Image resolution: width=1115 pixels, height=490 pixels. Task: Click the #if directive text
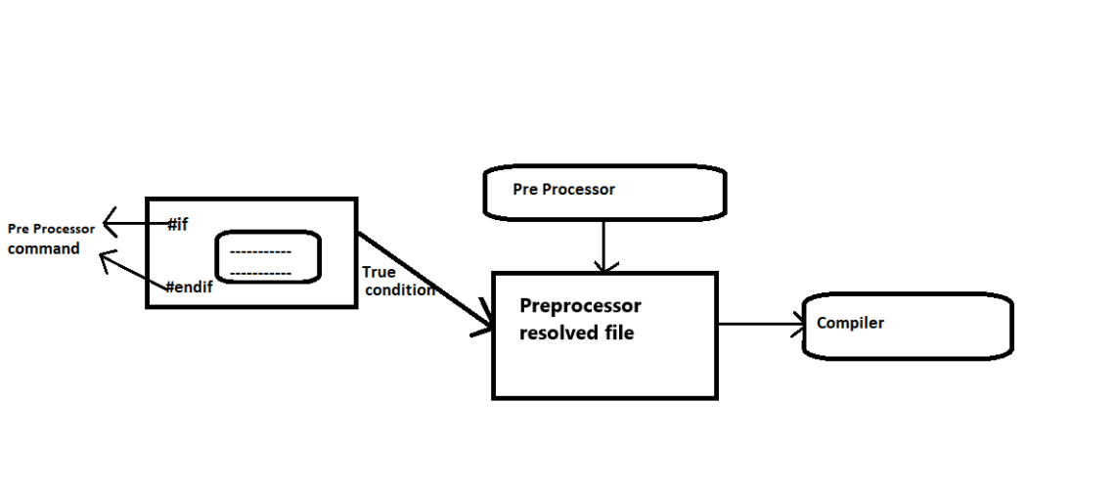[x=177, y=225]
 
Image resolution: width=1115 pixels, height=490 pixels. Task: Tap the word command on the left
[x=44, y=248]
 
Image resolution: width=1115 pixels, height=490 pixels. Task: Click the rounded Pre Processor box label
[x=563, y=190]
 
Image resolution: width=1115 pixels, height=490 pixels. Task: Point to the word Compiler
[x=850, y=323]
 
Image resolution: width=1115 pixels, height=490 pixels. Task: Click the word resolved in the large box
[x=553, y=333]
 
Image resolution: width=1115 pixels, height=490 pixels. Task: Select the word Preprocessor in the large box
[x=580, y=305]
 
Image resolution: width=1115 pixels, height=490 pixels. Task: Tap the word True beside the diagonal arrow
[x=379, y=273]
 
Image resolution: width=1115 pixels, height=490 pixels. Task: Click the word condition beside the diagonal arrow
[x=399, y=290]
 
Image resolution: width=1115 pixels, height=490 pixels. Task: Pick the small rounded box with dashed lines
[x=268, y=257]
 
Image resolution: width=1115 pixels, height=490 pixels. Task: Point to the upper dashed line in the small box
[x=260, y=251]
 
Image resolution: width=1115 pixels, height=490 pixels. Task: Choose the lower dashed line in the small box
[x=260, y=273]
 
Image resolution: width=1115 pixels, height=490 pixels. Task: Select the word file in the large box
[x=617, y=333]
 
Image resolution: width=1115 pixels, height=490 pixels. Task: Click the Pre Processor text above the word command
[x=51, y=229]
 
